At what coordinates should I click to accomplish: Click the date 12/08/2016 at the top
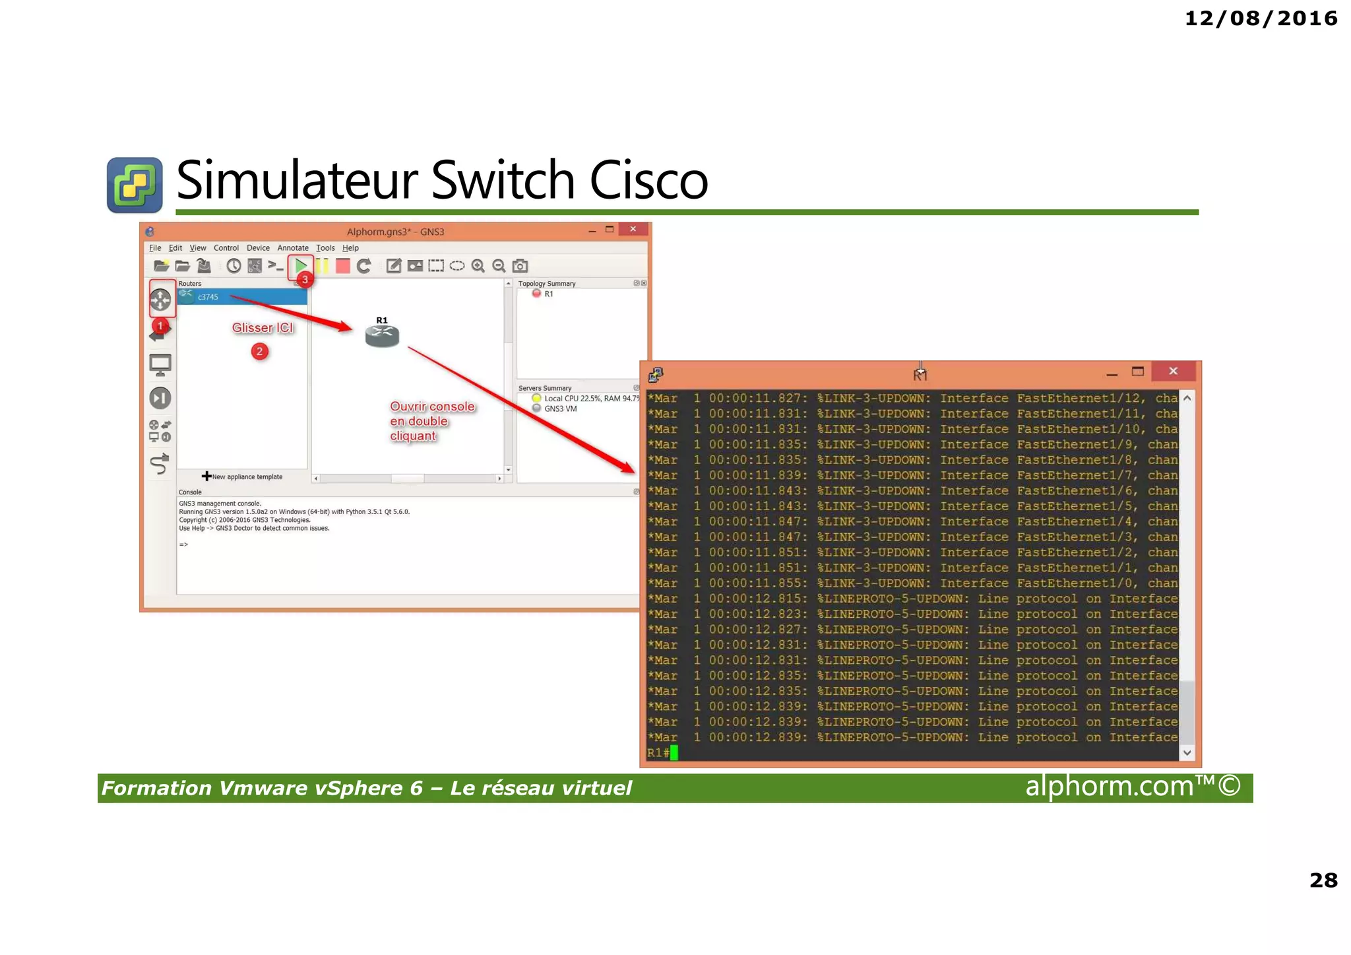(x=1261, y=18)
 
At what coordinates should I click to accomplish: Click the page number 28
(x=1323, y=880)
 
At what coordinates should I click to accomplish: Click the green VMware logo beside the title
(x=135, y=185)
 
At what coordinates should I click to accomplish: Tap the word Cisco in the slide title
(x=648, y=180)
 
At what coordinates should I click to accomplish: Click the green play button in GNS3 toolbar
(x=301, y=265)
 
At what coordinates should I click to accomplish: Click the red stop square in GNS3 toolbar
(x=342, y=266)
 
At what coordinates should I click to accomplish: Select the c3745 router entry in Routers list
(x=208, y=297)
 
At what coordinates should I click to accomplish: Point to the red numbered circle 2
(x=259, y=351)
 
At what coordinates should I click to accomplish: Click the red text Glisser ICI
(x=262, y=328)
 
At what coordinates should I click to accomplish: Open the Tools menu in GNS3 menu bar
(x=325, y=248)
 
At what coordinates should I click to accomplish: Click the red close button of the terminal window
(x=1173, y=372)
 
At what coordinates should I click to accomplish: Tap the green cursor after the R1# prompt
(x=674, y=752)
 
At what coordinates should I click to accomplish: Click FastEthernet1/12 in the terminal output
(x=1080, y=398)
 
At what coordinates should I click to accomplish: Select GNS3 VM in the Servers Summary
(x=560, y=409)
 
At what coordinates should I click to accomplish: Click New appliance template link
(x=246, y=477)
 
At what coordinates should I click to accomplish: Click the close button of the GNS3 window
(x=633, y=229)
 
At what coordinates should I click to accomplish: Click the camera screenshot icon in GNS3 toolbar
(x=520, y=266)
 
